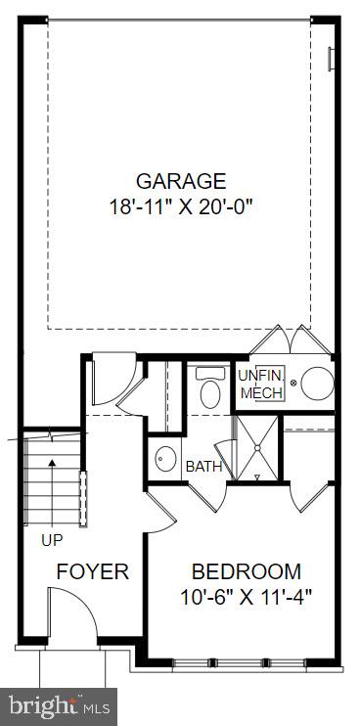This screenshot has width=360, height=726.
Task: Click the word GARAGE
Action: click(x=181, y=181)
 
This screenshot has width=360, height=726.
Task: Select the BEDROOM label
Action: click(x=247, y=572)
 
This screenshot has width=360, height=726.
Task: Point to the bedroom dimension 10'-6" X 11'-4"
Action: click(x=247, y=595)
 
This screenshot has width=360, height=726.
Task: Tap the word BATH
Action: click(x=203, y=467)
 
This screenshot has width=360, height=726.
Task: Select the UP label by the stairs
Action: click(x=53, y=539)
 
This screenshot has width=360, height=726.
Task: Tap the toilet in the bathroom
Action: click(x=208, y=389)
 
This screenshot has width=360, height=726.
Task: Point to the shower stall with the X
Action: click(x=256, y=446)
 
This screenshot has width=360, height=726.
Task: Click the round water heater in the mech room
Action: click(x=317, y=383)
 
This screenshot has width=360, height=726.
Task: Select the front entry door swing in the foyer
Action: click(x=72, y=617)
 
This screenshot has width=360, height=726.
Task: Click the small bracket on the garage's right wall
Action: click(x=332, y=57)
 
